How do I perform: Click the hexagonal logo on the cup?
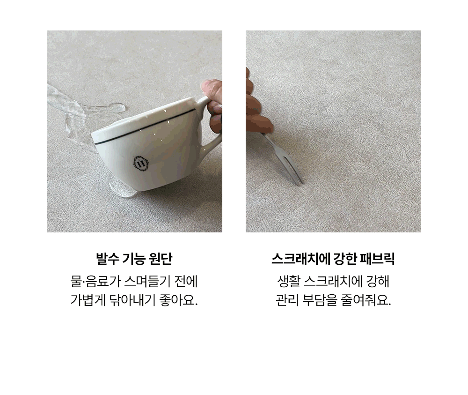(x=140, y=164)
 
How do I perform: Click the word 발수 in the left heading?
(x=107, y=259)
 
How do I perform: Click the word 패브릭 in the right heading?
(x=378, y=259)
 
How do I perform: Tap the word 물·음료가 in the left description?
(x=95, y=282)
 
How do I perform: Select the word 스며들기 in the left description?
(x=146, y=282)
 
